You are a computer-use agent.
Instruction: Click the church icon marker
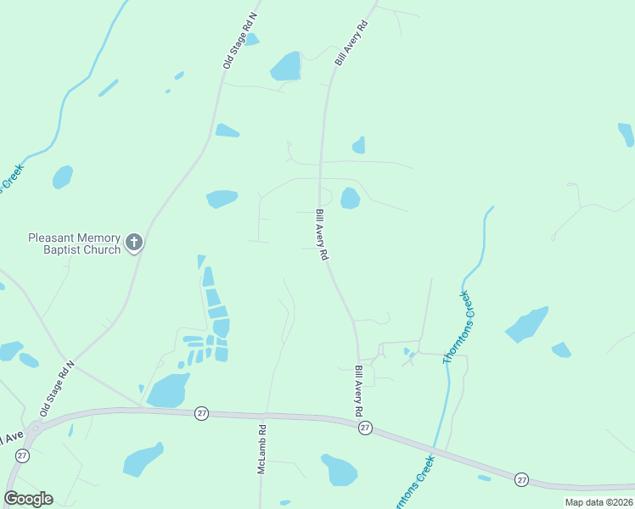[133, 243]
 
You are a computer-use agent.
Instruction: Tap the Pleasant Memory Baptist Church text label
[75, 244]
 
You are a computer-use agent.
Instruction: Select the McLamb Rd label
[262, 450]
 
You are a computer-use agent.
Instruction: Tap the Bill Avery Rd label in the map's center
[322, 235]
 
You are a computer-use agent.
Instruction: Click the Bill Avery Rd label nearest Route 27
[359, 390]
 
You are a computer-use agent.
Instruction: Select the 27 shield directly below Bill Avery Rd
[364, 428]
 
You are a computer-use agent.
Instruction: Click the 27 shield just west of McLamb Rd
[201, 412]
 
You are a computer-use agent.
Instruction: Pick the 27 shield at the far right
[521, 480]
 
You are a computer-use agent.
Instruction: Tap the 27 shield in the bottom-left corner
[23, 456]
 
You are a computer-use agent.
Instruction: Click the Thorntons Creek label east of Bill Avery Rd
[457, 328]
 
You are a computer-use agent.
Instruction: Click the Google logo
[28, 499]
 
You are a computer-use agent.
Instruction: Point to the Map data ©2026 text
[598, 502]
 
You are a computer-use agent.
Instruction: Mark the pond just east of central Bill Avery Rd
[350, 199]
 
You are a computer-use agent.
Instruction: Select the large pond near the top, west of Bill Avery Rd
[286, 66]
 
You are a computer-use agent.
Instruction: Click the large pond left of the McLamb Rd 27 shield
[167, 391]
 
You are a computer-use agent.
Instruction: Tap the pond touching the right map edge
[627, 134]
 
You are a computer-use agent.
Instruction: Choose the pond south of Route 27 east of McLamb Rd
[340, 469]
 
